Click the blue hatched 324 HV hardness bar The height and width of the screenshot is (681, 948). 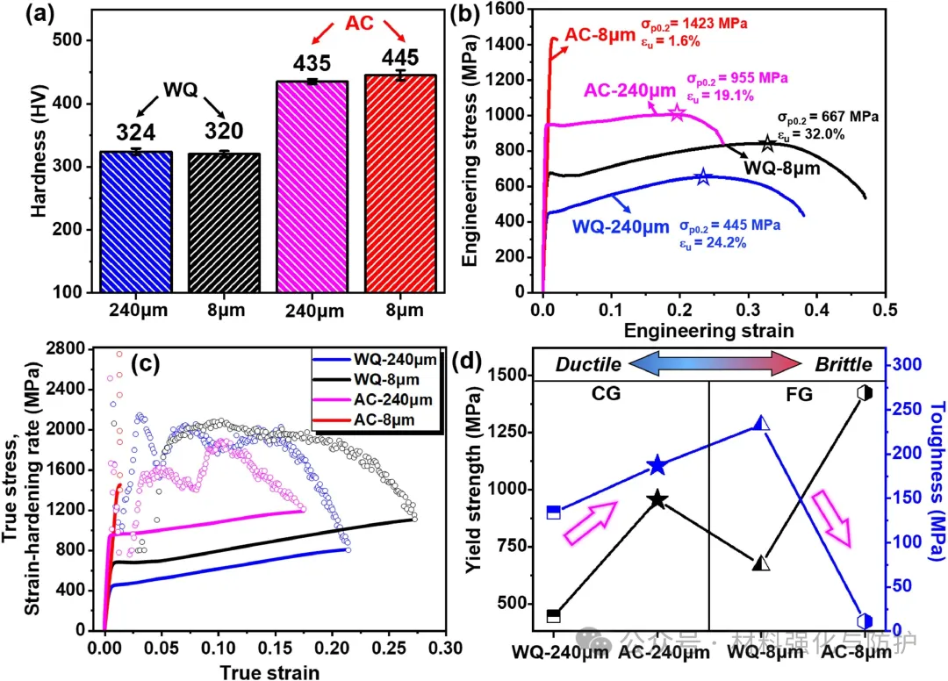click(136, 222)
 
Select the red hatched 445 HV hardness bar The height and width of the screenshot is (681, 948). click(400, 183)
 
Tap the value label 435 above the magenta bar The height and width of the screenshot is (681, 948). click(312, 63)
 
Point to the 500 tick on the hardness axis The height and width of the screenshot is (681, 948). click(68, 40)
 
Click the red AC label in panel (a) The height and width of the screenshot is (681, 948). click(360, 23)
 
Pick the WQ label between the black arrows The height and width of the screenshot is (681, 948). click(180, 90)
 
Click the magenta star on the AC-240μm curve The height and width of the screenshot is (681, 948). click(677, 113)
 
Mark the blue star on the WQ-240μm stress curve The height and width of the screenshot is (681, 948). click(702, 177)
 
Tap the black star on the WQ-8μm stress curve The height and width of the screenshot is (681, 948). click(767, 144)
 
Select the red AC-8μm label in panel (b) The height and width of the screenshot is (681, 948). click(600, 35)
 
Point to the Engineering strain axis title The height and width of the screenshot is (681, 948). click(708, 331)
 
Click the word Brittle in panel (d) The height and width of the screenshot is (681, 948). click(844, 365)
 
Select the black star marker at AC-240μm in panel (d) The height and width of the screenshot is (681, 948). click(657, 499)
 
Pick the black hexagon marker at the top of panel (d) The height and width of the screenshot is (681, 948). click(865, 393)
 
